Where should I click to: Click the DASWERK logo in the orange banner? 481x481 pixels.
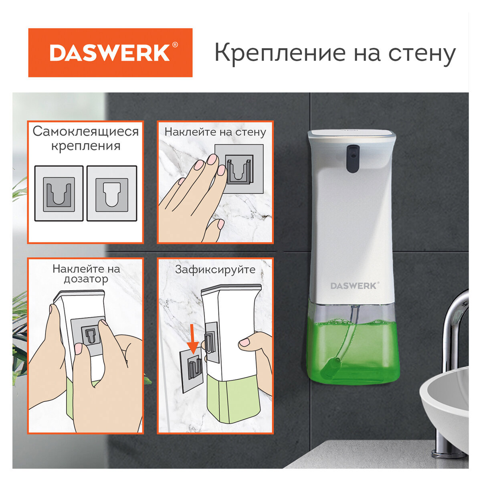pyautogui.click(x=110, y=53)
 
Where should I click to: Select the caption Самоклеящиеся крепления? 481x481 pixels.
pyautogui.click(x=85, y=138)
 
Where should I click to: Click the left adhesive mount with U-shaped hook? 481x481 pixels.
pyautogui.click(x=59, y=194)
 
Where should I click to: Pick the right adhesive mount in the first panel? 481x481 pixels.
pyautogui.click(x=112, y=194)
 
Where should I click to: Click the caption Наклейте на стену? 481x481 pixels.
pyautogui.click(x=215, y=132)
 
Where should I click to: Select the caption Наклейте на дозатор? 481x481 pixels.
pyautogui.click(x=86, y=274)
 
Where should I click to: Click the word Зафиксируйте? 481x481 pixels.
pyautogui.click(x=215, y=270)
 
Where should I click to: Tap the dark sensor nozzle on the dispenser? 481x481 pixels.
pyautogui.click(x=352, y=158)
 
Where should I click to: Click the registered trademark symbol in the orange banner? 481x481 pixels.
pyautogui.click(x=175, y=45)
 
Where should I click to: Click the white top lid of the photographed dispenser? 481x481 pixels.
pyautogui.click(x=352, y=135)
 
